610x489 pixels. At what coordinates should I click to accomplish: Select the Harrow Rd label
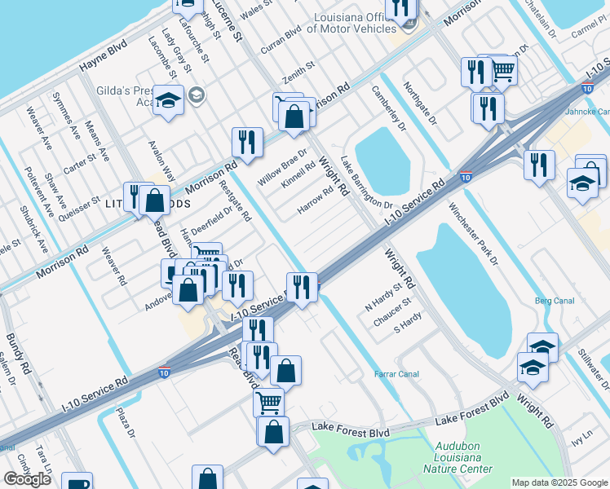[315, 200]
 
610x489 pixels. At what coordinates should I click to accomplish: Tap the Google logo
[27, 479]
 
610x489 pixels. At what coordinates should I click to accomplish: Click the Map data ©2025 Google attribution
[559, 482]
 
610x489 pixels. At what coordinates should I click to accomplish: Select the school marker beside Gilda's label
[169, 101]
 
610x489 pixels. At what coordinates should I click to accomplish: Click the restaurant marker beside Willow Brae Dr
[246, 142]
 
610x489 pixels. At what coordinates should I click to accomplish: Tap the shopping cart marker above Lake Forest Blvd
[267, 401]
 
